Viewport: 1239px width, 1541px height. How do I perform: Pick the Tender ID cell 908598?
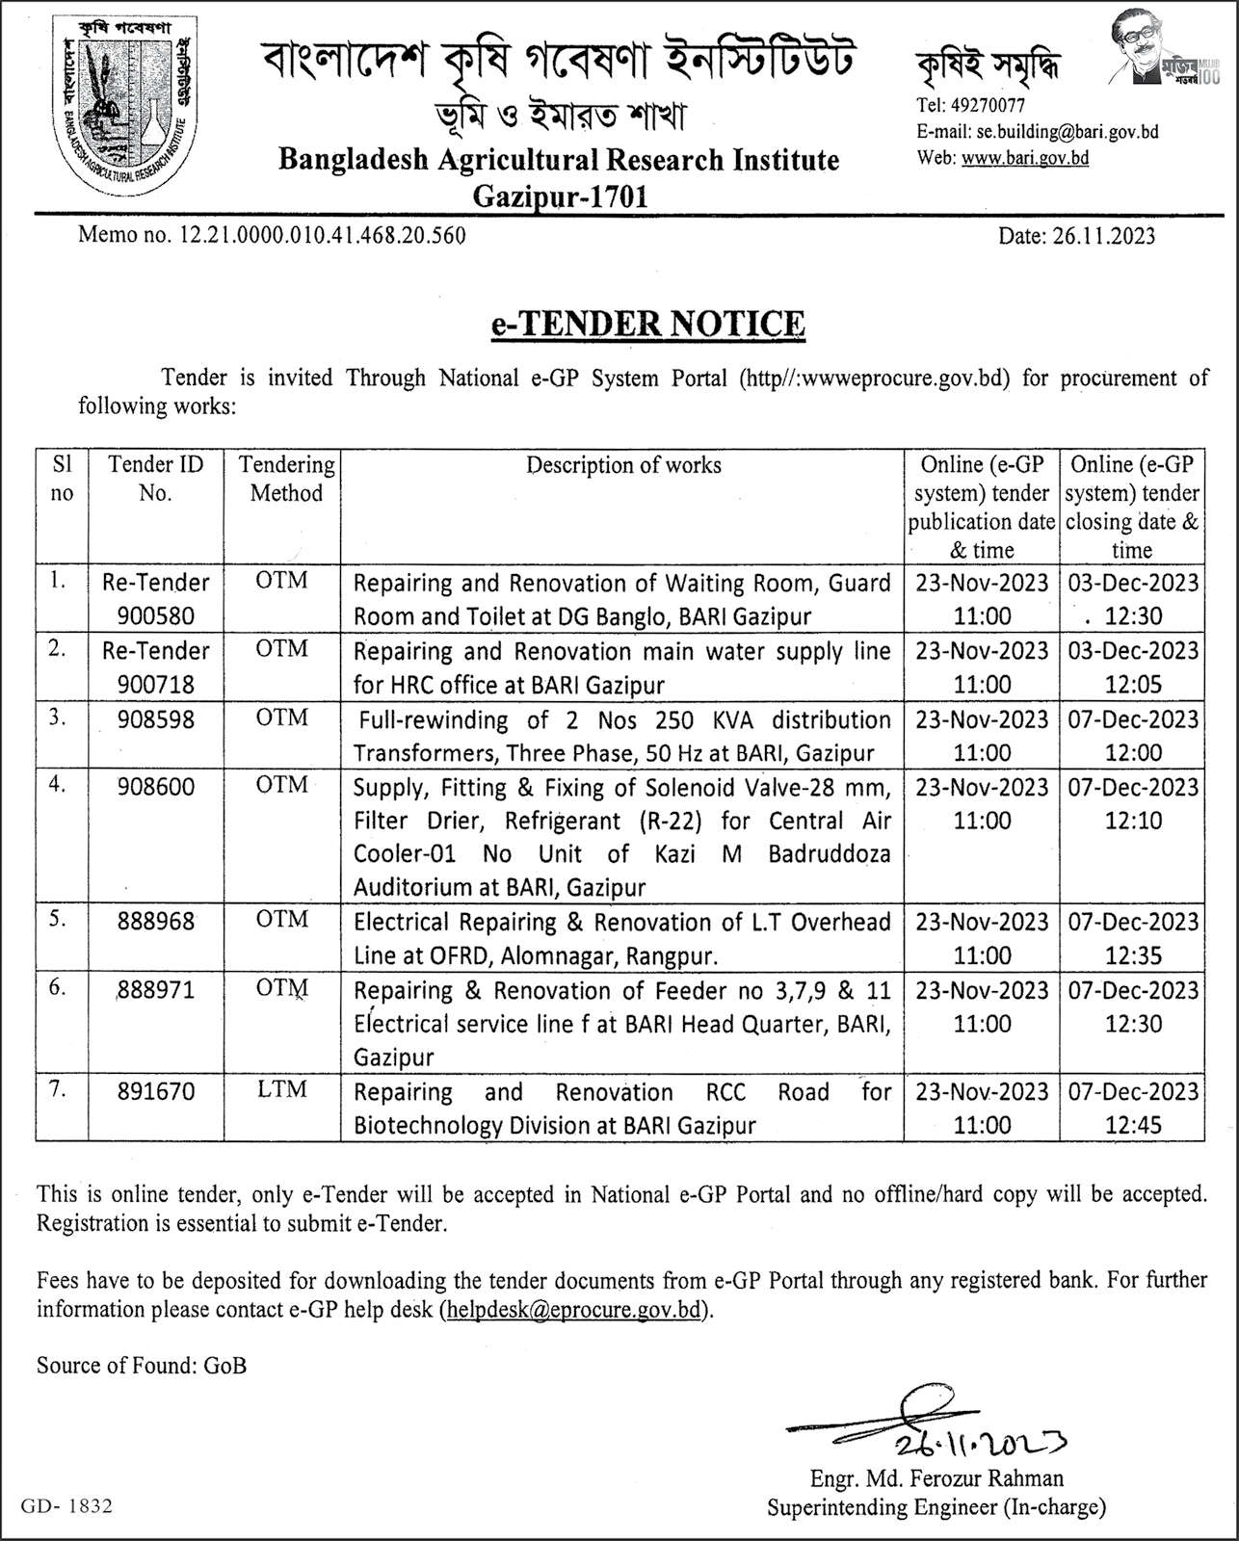(155, 719)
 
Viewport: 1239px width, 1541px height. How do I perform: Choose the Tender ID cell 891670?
(155, 1091)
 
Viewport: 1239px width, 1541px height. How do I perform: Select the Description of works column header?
(623, 465)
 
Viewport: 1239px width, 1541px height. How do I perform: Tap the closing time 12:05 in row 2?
(1133, 685)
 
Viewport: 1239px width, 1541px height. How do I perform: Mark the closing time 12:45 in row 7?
(1133, 1124)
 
